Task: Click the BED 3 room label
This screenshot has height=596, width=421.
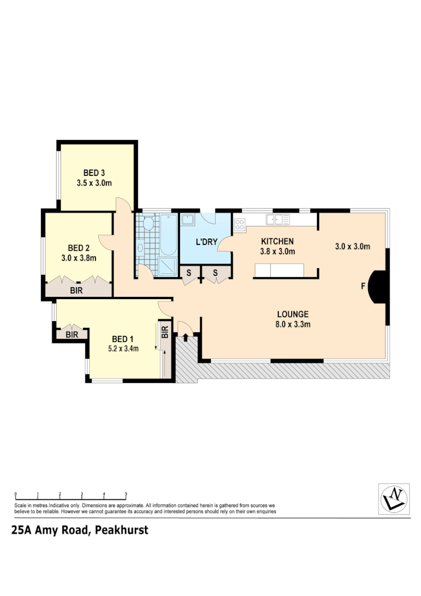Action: tap(94, 173)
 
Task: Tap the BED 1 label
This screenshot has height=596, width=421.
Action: tap(123, 338)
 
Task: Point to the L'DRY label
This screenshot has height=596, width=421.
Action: tap(206, 242)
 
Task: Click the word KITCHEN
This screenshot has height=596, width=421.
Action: tap(277, 241)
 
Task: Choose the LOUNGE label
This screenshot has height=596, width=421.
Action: tap(292, 314)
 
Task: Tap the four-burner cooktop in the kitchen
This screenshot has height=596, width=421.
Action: tap(239, 224)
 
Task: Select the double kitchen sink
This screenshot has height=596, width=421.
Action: tap(278, 219)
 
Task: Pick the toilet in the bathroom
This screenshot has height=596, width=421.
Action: tap(148, 224)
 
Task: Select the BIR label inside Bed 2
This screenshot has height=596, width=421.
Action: tap(76, 291)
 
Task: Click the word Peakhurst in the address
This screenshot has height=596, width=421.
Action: tap(121, 530)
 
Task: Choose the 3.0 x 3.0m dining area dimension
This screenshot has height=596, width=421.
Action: tap(352, 246)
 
